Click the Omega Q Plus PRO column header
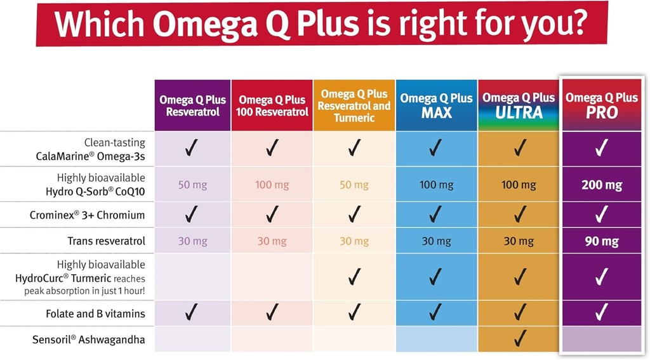click(601, 105)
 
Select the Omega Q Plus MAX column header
click(436, 105)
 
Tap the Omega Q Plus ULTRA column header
click(519, 105)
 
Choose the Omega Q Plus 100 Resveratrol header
click(272, 105)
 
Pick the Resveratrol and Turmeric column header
click(354, 105)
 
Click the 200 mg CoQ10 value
click(601, 185)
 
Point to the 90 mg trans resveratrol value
click(601, 241)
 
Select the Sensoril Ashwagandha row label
click(88, 339)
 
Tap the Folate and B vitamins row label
click(95, 314)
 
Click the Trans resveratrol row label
click(106, 241)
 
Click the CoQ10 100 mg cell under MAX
click(436, 185)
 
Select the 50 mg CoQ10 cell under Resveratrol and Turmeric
click(354, 185)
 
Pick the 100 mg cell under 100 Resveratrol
click(272, 185)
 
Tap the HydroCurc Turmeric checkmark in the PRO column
click(601, 277)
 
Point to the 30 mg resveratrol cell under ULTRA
click(519, 241)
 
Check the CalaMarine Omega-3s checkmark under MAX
click(436, 149)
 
